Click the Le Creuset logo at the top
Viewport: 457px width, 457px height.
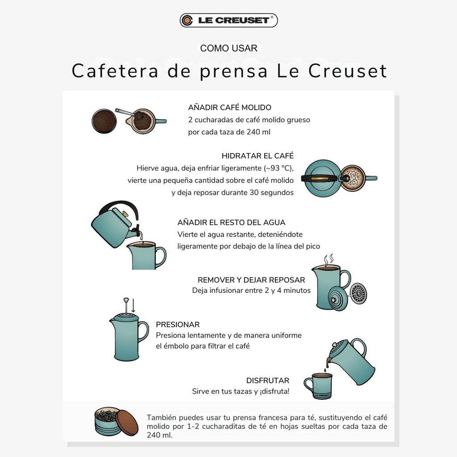228,20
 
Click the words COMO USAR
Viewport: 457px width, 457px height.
228,48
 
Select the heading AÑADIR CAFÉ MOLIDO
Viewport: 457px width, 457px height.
230,107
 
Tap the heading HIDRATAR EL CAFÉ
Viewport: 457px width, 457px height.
258,156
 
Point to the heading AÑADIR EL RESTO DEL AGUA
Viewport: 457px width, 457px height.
231,222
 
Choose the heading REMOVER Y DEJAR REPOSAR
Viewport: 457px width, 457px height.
251,280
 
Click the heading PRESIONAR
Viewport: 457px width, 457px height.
178,324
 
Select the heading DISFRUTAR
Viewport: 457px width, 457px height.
268,380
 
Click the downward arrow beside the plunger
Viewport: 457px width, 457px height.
133,305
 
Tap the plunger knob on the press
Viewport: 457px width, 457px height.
126,300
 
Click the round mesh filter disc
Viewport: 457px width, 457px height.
357,293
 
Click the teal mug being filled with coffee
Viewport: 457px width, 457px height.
318,386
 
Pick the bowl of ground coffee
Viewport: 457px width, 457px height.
104,121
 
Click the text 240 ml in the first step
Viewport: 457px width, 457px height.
258,132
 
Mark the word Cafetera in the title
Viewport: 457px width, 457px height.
115,71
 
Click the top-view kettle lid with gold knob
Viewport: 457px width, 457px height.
321,178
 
